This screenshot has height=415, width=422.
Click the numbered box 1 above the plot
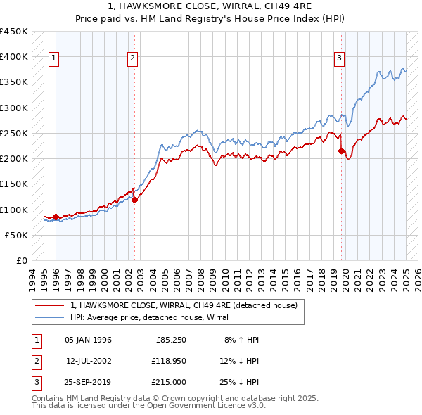pos(54,58)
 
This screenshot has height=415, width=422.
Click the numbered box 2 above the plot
pos(132,58)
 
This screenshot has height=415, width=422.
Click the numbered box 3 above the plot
pos(339,58)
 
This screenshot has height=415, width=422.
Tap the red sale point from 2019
pos(341,151)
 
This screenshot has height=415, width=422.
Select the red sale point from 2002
pos(135,200)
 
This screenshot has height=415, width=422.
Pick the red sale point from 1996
pos(56,217)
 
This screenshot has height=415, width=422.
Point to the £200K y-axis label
pos(14,159)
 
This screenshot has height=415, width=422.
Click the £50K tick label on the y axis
pos(17,235)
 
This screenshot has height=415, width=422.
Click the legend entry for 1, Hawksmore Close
pos(184,305)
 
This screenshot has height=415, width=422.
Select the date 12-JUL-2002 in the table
pos(89,361)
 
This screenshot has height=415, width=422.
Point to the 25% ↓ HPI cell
pos(241,382)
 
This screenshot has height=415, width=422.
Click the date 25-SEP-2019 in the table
pos(89,382)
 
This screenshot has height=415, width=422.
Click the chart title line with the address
pos(212,7)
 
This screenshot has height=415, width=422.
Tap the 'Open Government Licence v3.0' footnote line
pos(149,406)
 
